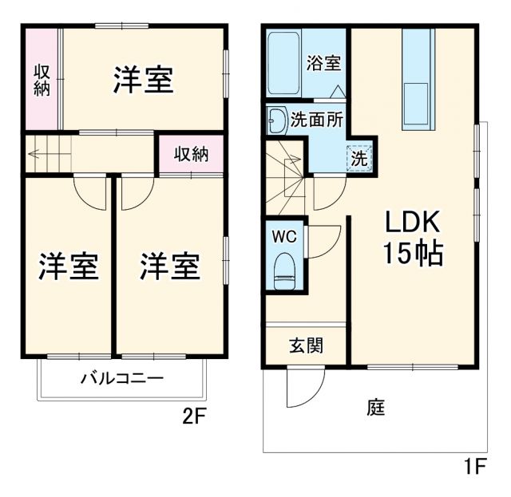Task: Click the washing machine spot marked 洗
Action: pyautogui.click(x=359, y=157)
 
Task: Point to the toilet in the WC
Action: pyautogui.click(x=284, y=271)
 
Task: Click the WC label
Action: pyautogui.click(x=285, y=237)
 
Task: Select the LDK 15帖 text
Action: pyautogui.click(x=411, y=238)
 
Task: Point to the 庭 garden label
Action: pyautogui.click(x=376, y=408)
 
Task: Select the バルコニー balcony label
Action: pyautogui.click(x=121, y=378)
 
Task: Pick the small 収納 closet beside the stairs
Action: pyautogui.click(x=192, y=154)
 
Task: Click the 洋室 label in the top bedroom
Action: pyautogui.click(x=143, y=81)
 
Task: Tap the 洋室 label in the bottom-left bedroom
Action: pyautogui.click(x=69, y=266)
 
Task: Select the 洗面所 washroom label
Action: pyautogui.click(x=317, y=120)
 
